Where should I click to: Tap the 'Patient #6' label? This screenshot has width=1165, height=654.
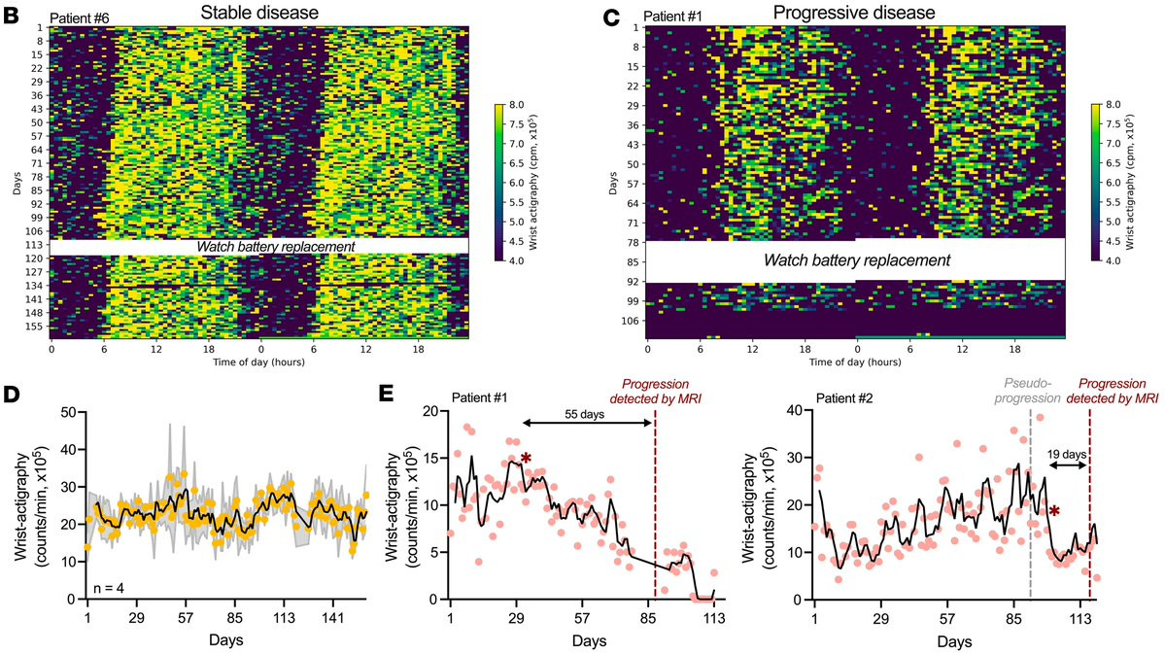82,16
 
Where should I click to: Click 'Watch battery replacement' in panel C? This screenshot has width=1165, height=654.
855,261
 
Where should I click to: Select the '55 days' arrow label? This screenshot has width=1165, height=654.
586,412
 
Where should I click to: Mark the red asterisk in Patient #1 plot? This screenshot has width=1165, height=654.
526,459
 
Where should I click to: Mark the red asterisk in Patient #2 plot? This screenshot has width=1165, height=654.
1054,510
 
